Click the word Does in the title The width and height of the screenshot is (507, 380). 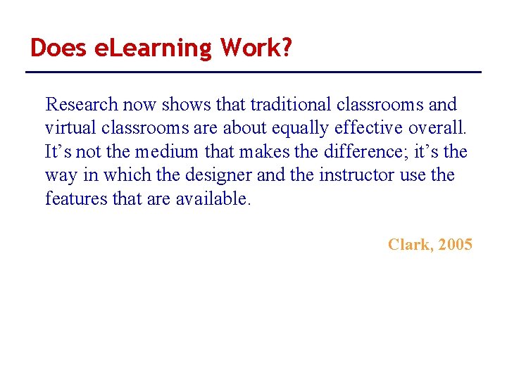(59, 48)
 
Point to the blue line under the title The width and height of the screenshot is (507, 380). (254, 72)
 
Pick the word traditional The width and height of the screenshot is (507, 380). (289, 105)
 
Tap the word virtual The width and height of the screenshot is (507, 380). (66, 128)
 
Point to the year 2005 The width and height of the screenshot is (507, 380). (455, 245)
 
